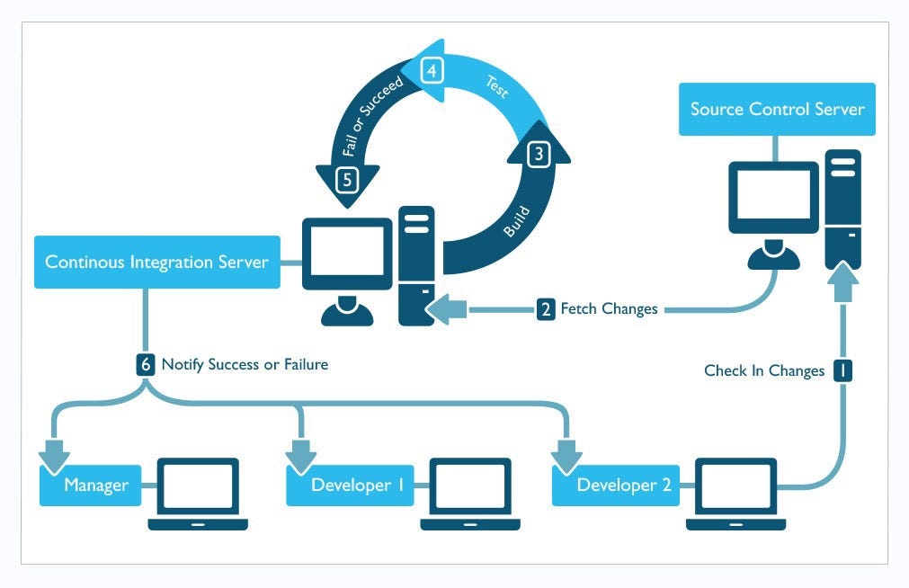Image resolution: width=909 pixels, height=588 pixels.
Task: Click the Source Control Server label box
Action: tap(777, 110)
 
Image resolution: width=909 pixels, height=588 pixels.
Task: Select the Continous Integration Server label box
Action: tap(156, 263)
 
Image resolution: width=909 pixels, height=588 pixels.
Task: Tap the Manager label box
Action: tap(95, 486)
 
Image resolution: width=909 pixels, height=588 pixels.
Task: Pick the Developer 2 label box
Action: tap(623, 486)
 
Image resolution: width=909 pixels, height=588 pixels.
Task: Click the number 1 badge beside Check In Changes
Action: tap(842, 370)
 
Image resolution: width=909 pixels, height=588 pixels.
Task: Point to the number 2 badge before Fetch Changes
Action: tap(546, 309)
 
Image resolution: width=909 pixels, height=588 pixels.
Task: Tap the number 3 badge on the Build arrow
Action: tap(539, 154)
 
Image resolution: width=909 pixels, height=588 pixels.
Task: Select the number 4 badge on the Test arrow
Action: tap(432, 70)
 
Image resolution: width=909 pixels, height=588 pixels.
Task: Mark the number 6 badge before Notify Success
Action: tap(147, 364)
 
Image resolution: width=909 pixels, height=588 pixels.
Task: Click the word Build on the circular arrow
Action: tap(516, 222)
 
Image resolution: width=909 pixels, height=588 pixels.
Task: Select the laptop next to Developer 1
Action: tap(470, 493)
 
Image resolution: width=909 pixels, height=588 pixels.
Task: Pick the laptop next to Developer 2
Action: tap(735, 493)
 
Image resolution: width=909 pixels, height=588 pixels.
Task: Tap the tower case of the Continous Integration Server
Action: tap(417, 265)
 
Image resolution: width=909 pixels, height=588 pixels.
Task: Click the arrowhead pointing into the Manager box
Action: tap(54, 455)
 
